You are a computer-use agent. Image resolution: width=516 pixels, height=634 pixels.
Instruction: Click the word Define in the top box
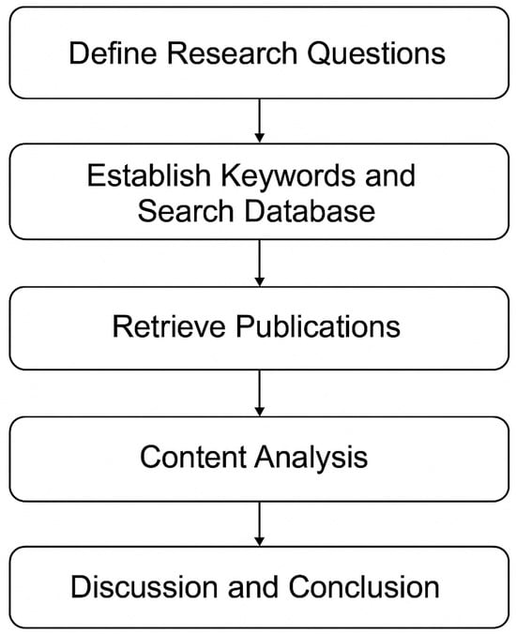coord(114,53)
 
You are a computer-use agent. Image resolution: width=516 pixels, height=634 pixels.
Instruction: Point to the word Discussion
coord(149,587)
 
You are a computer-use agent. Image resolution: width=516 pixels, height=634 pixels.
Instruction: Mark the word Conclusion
coord(365,587)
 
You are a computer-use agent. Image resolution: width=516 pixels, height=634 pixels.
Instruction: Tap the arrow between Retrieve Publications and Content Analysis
coord(258,393)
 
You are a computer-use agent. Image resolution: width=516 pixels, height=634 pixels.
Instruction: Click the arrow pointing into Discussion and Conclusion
coord(258,524)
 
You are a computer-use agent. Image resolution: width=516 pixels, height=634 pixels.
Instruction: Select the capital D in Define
coord(81,53)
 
